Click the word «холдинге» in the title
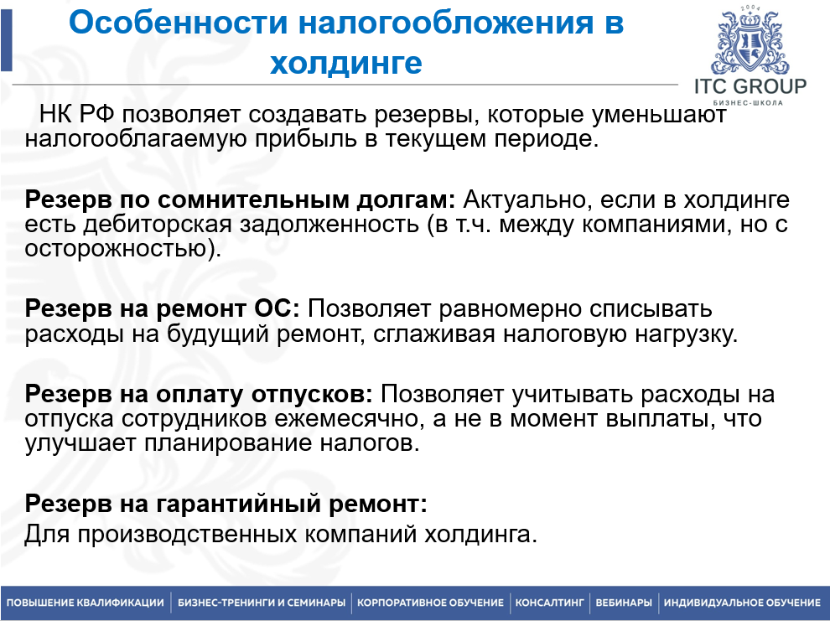(x=346, y=63)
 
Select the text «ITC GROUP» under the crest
(x=750, y=86)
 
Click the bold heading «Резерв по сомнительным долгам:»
(x=241, y=201)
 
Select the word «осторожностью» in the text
(x=115, y=248)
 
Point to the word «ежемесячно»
(x=333, y=418)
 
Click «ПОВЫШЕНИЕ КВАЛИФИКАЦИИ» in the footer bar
(x=86, y=603)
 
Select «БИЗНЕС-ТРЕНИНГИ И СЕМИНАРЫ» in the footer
(x=262, y=603)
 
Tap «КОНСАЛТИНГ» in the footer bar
(x=549, y=603)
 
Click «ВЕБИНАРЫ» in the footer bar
(x=624, y=603)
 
